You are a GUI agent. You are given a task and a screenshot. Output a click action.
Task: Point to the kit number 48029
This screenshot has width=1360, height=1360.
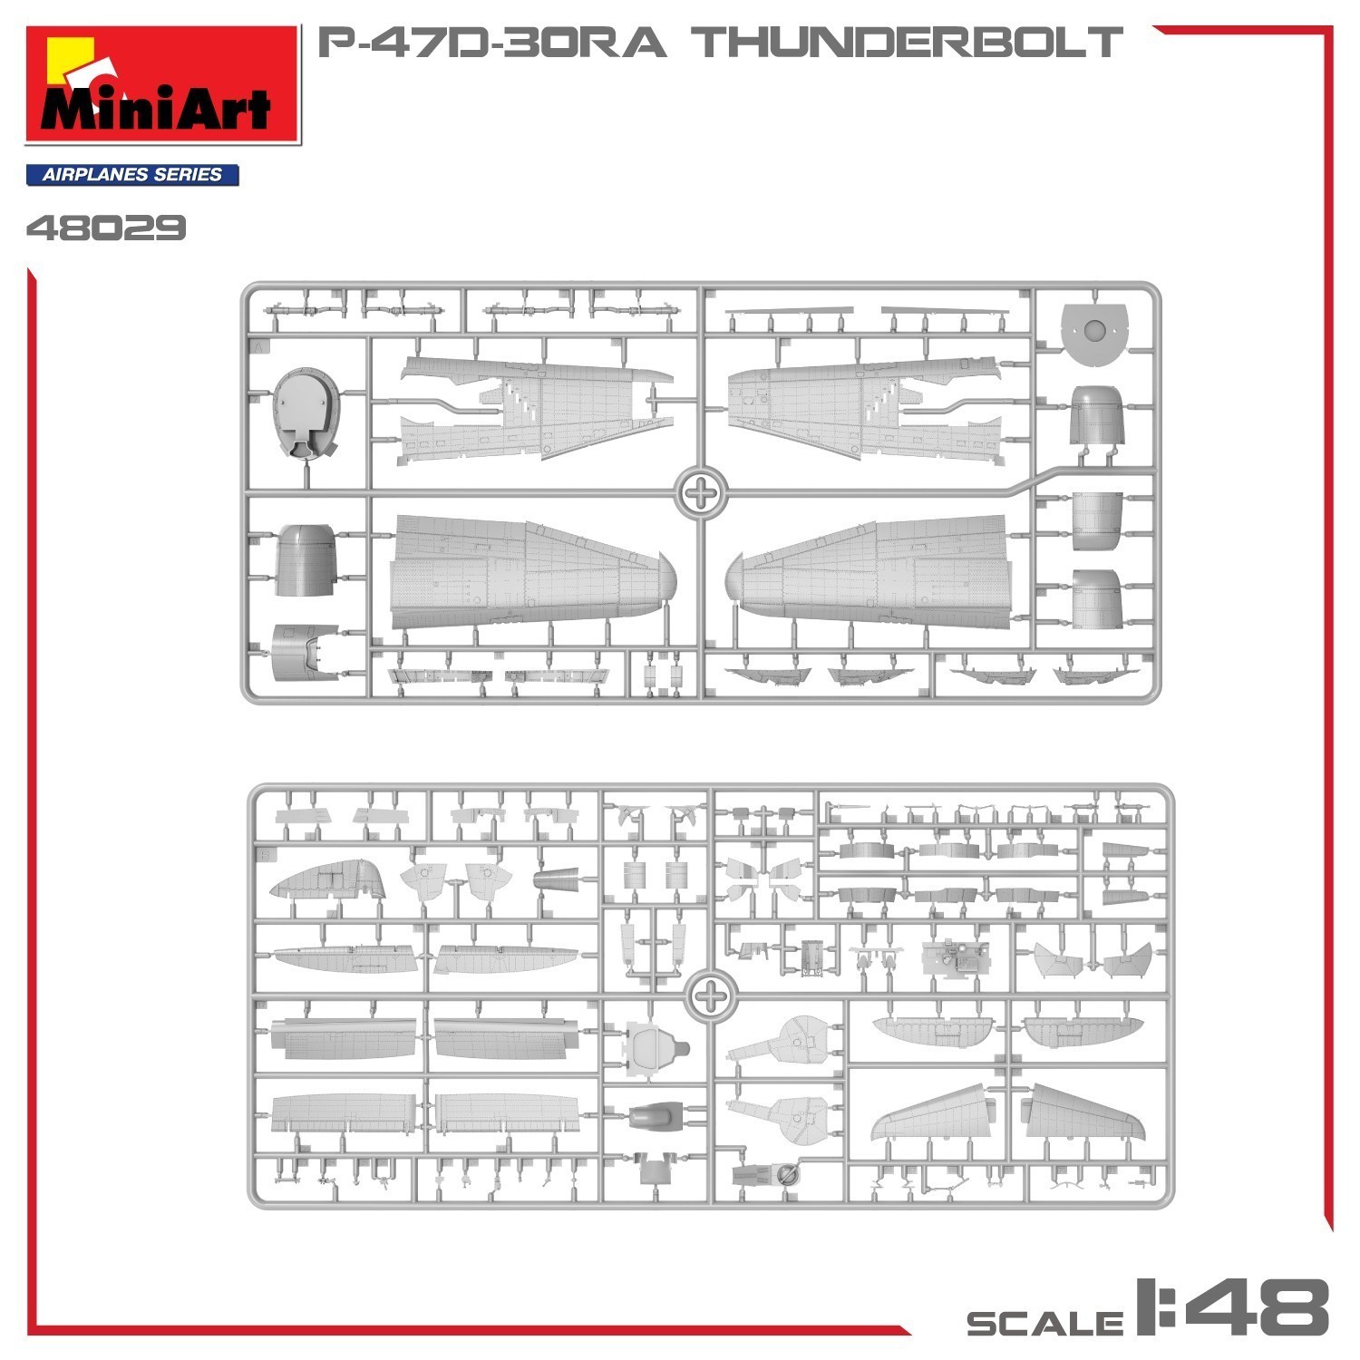[106, 228]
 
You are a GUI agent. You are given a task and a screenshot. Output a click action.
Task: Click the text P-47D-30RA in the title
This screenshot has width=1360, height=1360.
[491, 43]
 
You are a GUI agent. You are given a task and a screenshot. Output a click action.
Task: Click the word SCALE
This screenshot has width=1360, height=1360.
[1044, 1323]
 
